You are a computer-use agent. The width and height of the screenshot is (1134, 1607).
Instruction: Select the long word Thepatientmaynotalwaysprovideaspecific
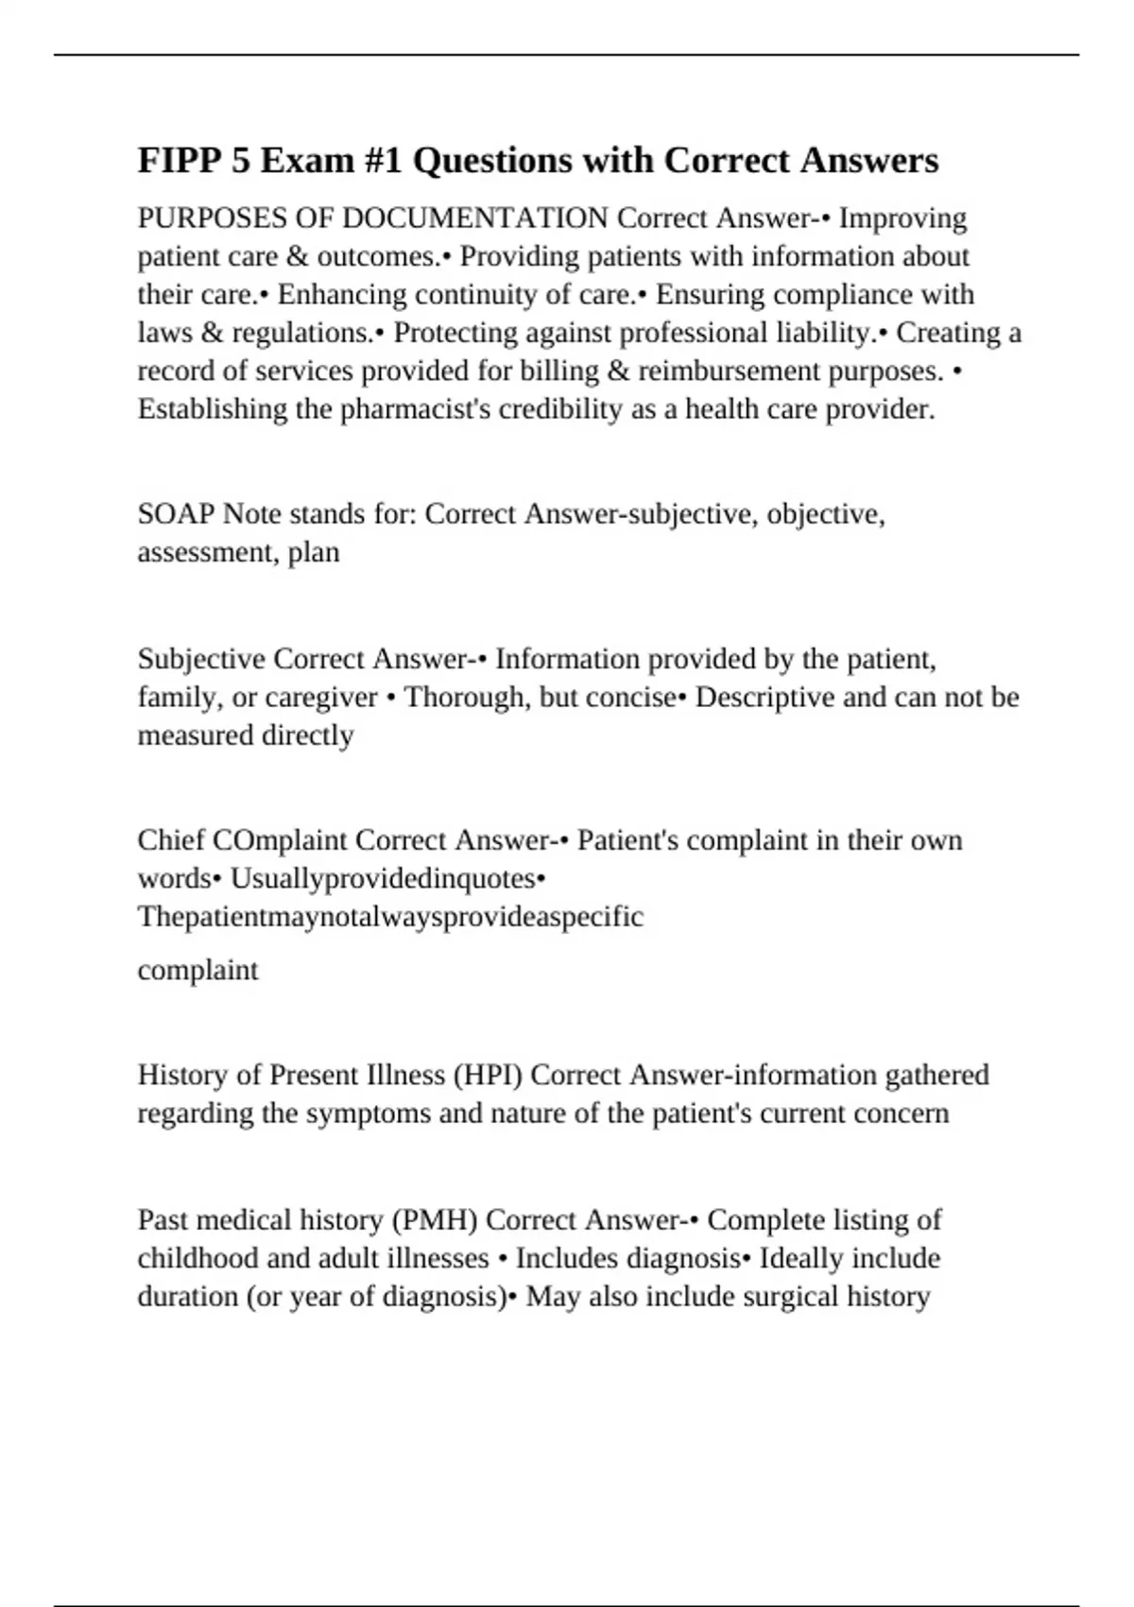pyautogui.click(x=390, y=917)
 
